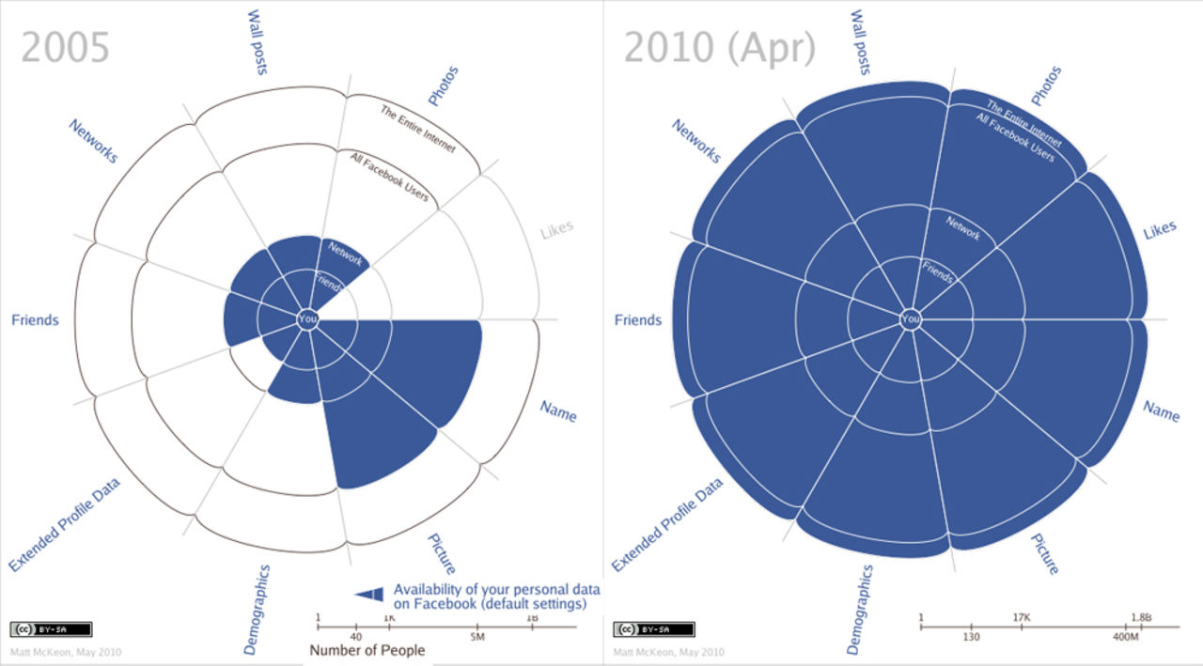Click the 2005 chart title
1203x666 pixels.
click(x=66, y=48)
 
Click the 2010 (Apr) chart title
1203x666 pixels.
click(x=720, y=48)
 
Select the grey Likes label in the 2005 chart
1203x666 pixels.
click(x=556, y=229)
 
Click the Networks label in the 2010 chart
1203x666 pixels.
click(x=695, y=141)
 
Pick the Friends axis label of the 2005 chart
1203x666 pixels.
click(x=35, y=320)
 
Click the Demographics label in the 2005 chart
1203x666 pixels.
click(x=257, y=609)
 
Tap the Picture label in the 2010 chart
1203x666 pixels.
click(x=1044, y=554)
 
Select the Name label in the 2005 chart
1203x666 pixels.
click(x=558, y=410)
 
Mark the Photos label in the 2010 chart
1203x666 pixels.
click(x=1046, y=85)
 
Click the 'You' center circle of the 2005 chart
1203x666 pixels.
click(x=307, y=319)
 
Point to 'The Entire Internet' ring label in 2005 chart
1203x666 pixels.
click(x=417, y=129)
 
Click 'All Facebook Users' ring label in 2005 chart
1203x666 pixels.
click(x=389, y=177)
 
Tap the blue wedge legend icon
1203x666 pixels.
click(x=369, y=593)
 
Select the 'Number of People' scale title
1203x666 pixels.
click(x=367, y=650)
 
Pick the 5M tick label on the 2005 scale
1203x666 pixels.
click(x=477, y=637)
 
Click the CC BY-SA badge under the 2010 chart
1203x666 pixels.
click(x=641, y=629)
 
